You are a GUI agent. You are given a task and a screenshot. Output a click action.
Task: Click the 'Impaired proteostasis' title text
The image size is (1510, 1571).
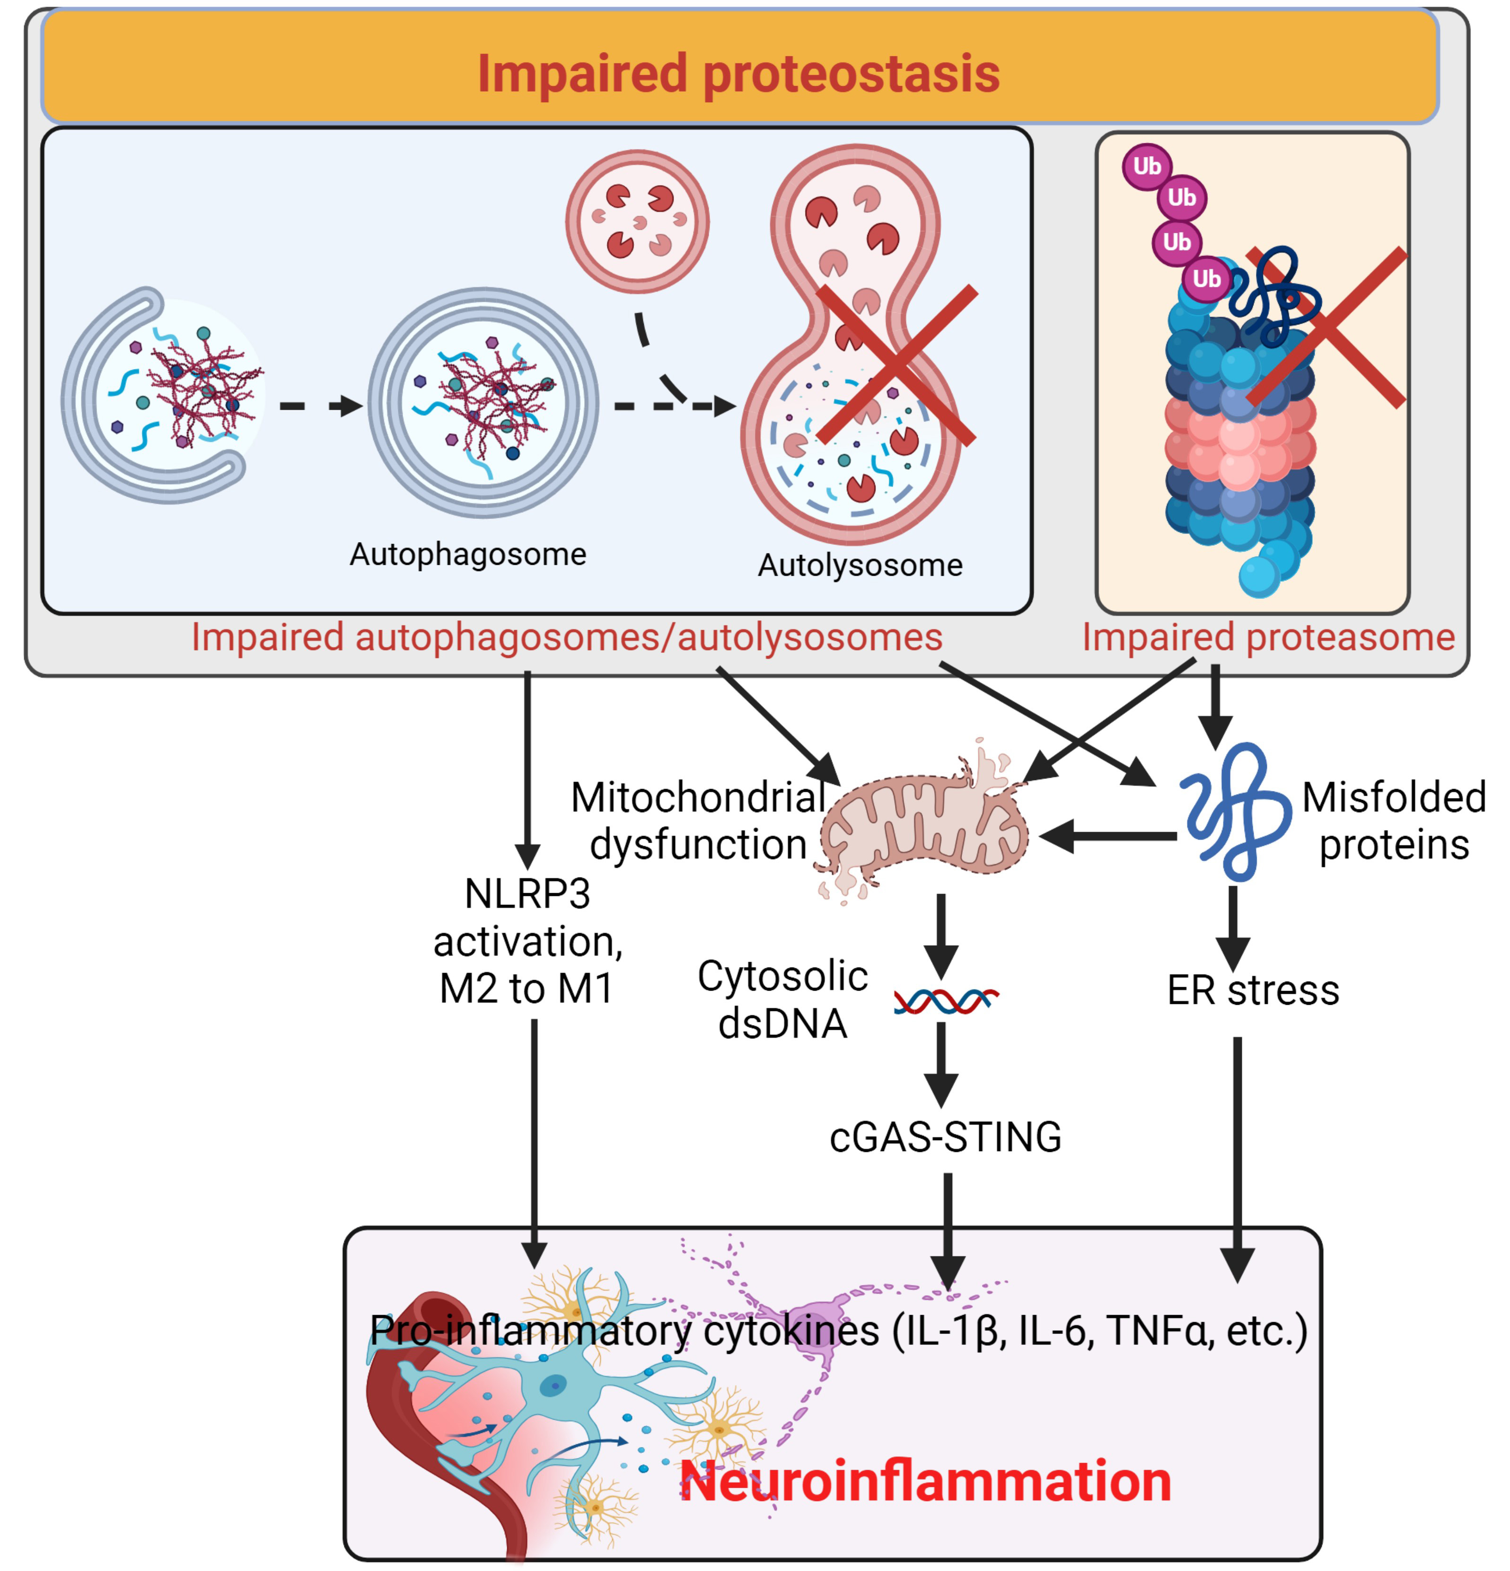pyautogui.click(x=738, y=74)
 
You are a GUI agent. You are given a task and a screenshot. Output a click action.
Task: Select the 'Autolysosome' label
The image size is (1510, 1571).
pyautogui.click(x=860, y=566)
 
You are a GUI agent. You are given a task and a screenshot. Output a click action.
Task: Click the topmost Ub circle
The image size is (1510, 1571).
pyautogui.click(x=1147, y=167)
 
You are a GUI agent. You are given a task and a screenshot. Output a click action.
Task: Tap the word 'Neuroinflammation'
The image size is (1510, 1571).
pyautogui.click(x=926, y=1481)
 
